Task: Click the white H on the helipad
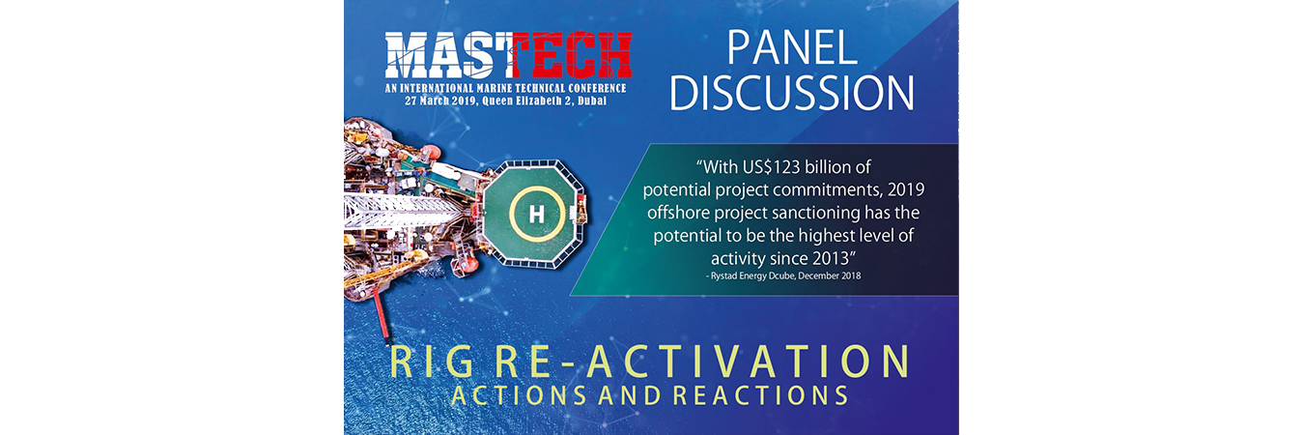tap(536, 215)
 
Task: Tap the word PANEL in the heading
tap(792, 47)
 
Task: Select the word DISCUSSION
tap(792, 93)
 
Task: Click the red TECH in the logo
tap(572, 55)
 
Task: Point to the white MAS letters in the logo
tap(448, 55)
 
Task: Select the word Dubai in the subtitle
tap(592, 101)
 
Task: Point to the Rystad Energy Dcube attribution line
tap(783, 275)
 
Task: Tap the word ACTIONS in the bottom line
tap(519, 395)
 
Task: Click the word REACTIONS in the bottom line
tap(761, 395)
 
